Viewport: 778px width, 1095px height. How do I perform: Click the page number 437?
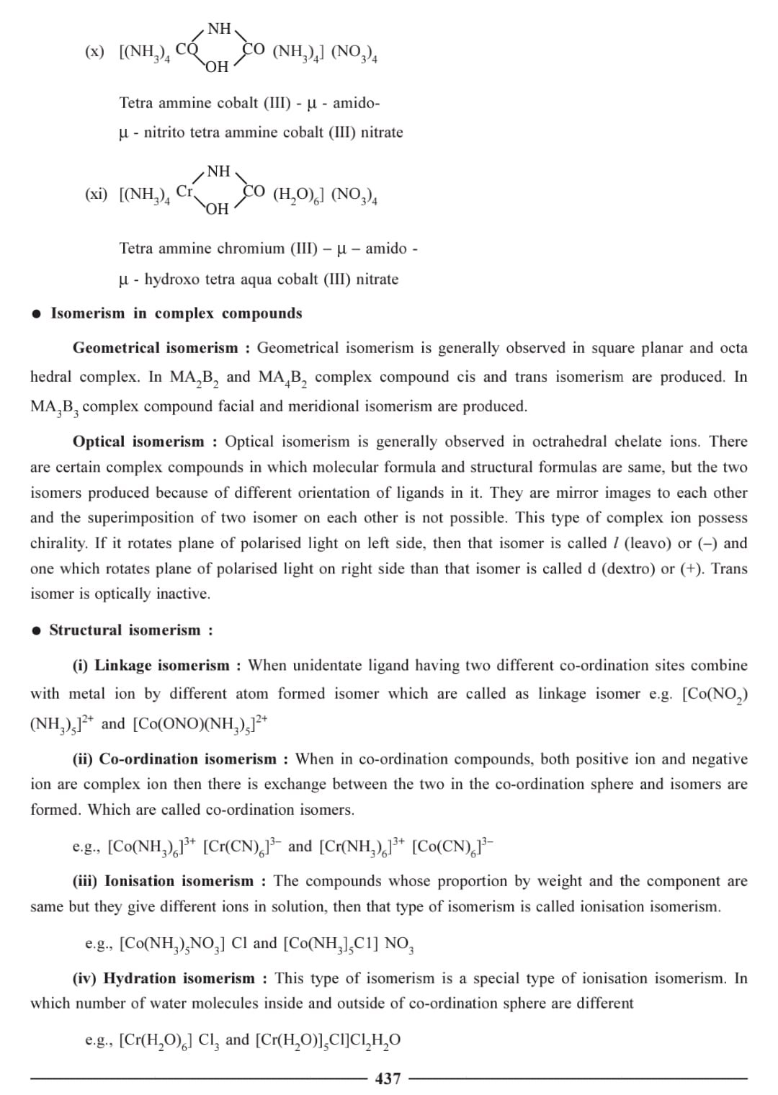point(388,1078)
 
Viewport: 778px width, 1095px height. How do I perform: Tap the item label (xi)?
point(96,194)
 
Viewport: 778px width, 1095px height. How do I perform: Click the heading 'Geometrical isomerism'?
point(155,348)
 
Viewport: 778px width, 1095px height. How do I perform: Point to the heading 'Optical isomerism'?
point(138,442)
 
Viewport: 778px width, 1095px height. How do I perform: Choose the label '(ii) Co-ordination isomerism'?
point(174,759)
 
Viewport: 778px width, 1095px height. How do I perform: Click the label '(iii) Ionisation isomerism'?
point(163,881)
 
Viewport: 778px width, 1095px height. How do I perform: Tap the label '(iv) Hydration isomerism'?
point(164,978)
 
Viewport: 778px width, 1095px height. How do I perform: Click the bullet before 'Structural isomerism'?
point(36,631)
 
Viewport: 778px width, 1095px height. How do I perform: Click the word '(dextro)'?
point(627,568)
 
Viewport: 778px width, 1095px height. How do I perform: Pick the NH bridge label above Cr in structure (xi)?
point(218,171)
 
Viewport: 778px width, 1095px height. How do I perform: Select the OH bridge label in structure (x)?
point(217,67)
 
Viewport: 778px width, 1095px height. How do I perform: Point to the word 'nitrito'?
point(169,133)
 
